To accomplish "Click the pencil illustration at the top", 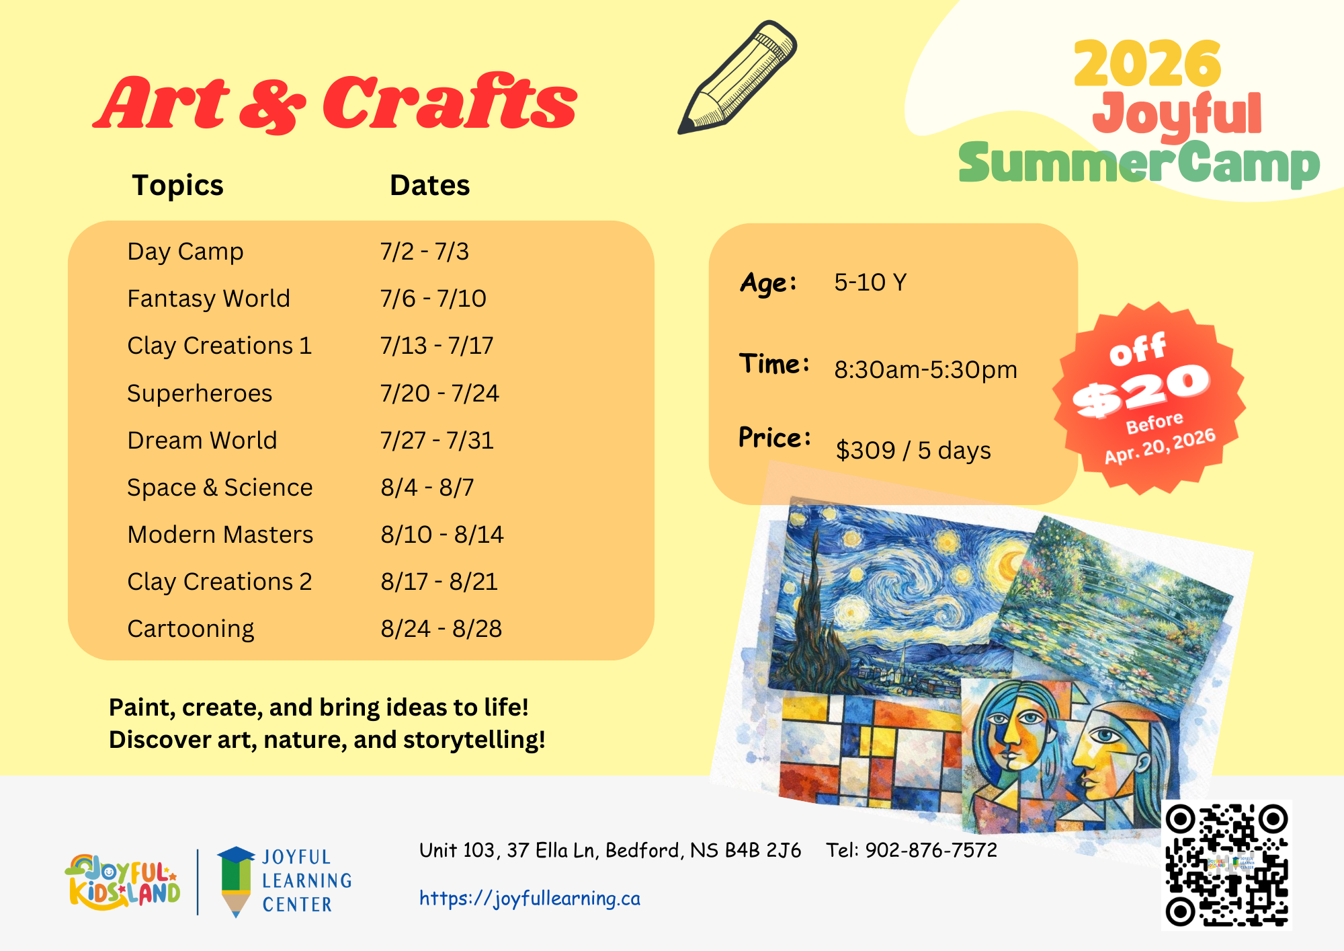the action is (737, 77).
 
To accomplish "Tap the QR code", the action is (1226, 865).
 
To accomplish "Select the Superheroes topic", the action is (200, 393).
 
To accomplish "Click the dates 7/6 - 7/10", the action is (433, 298).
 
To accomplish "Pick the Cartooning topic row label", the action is (191, 629).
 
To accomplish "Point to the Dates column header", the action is (430, 185).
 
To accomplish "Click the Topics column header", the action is (177, 186).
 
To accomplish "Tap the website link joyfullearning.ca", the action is (530, 898).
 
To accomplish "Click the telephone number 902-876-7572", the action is (931, 850).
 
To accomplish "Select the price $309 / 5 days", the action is (913, 450).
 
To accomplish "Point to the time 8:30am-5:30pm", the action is (925, 370).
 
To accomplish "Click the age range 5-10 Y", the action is (870, 282).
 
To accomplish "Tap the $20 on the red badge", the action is (1141, 389).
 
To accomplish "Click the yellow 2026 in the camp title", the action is (1147, 63).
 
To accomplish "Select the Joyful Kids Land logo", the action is (123, 882).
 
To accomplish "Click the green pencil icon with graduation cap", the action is (236, 880).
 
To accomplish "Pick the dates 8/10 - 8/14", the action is (442, 535).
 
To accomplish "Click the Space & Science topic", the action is (220, 487).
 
